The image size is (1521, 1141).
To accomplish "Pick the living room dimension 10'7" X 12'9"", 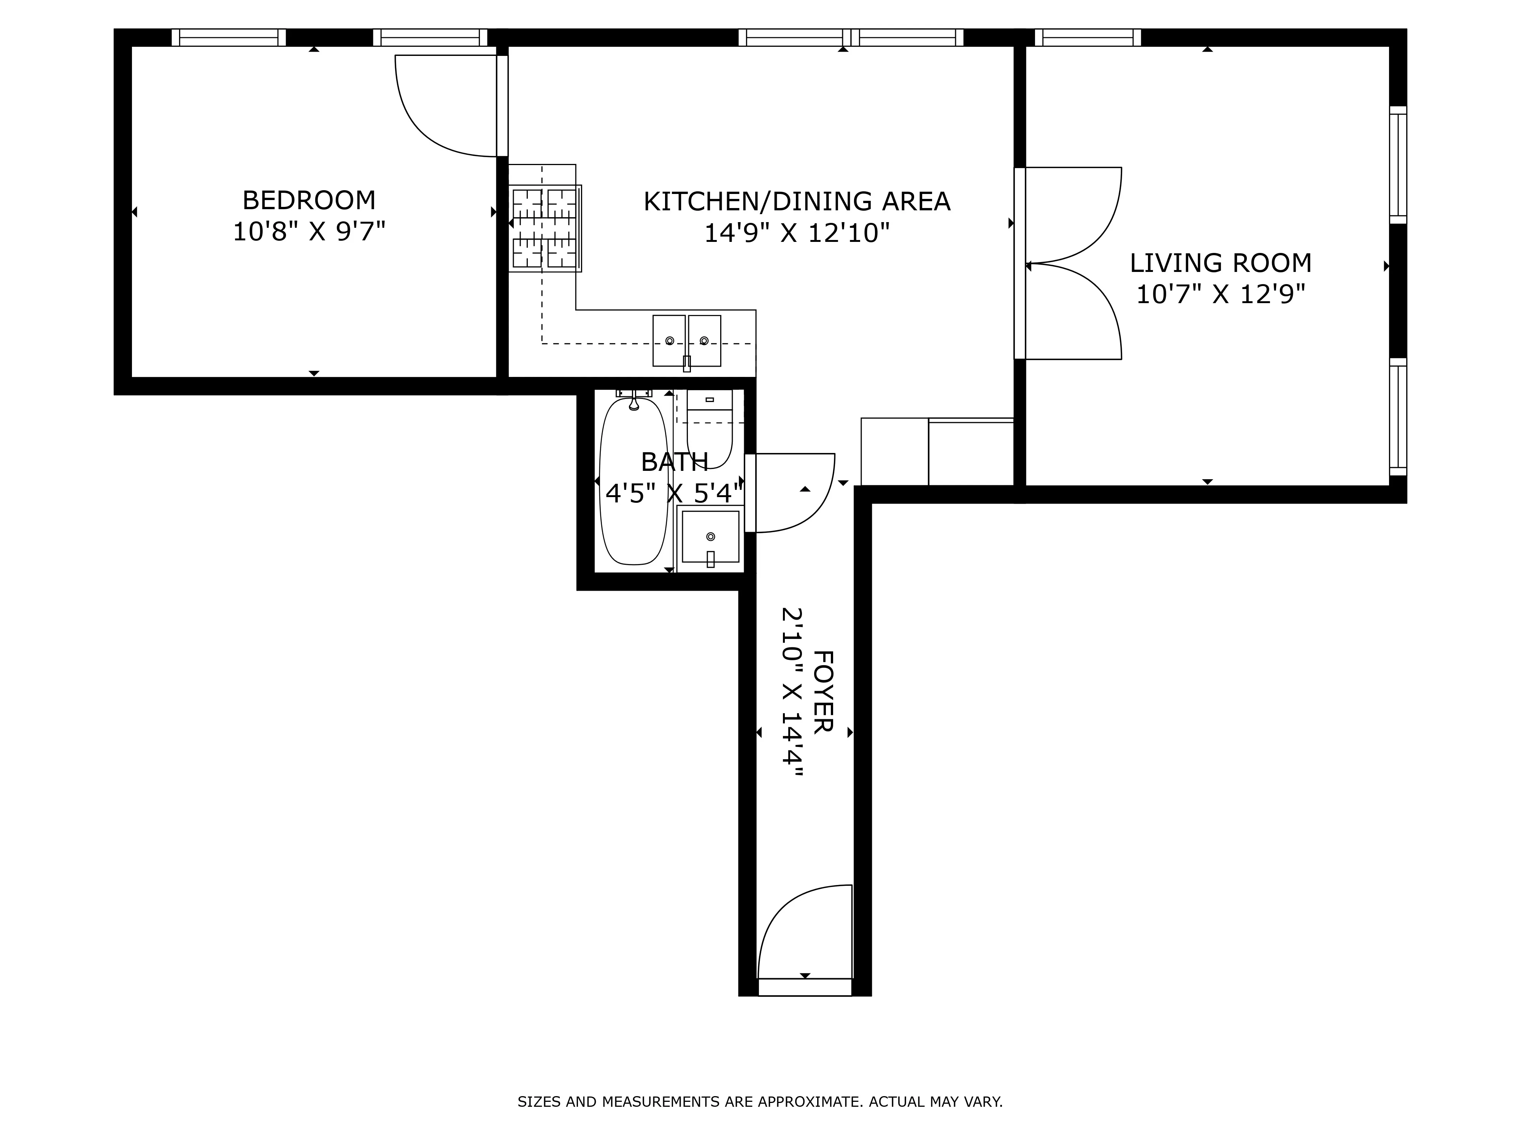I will click(1221, 294).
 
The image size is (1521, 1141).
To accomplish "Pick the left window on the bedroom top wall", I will click(228, 37).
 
